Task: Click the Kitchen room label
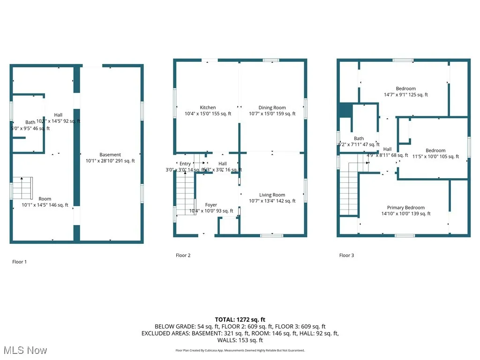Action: pos(208,108)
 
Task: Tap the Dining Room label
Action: pos(272,108)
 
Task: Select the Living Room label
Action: pos(272,195)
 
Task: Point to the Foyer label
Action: pos(211,205)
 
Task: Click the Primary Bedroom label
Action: pos(405,208)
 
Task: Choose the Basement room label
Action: pos(110,155)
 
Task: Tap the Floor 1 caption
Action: pos(19,262)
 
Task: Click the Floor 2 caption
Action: pos(183,255)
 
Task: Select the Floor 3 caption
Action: pos(347,255)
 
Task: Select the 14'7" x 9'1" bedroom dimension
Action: pos(405,95)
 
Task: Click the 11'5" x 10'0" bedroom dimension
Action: pos(435,157)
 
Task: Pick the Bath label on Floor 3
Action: pos(359,138)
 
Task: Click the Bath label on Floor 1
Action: pos(30,122)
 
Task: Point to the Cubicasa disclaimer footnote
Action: pos(240,350)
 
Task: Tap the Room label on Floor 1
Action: pos(45,199)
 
